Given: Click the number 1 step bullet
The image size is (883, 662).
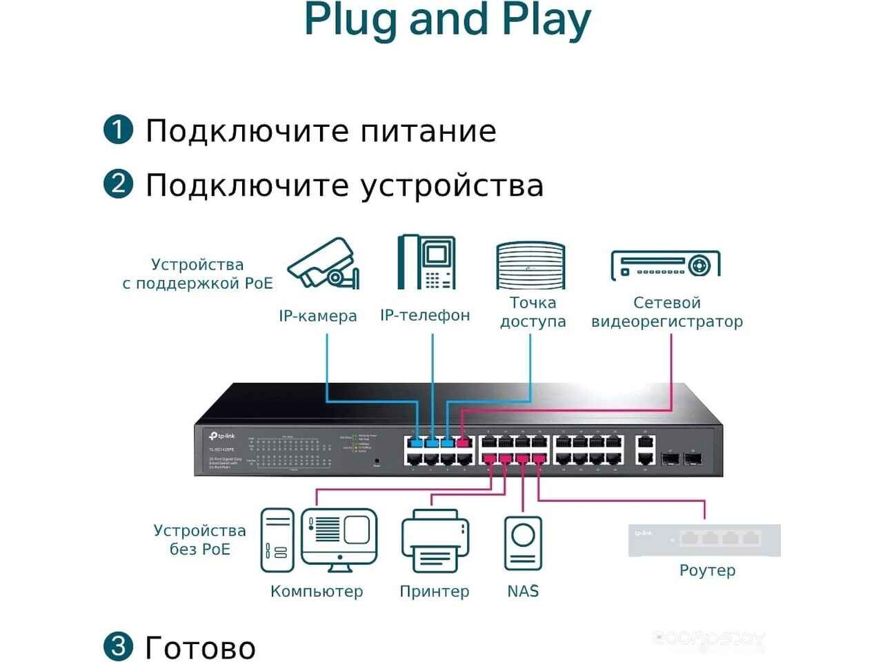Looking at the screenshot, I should coord(118,130).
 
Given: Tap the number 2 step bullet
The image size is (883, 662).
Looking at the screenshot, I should coord(118,183).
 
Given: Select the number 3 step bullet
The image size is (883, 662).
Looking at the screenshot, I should coord(118,645).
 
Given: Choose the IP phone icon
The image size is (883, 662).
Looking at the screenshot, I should coord(426,262).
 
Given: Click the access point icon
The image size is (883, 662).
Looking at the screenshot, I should coord(530,265).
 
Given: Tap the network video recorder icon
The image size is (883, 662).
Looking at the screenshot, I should coord(665,265).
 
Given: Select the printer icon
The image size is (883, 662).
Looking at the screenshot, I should coord(435,541).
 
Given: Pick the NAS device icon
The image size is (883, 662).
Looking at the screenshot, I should coord(523,543).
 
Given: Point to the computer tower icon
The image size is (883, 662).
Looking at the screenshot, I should coord(277,540).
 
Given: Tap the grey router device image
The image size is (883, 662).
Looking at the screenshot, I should coord(704,540).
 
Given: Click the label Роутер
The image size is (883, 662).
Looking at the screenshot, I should coord(707,570).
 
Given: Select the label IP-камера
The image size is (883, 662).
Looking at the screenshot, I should coord(318,316).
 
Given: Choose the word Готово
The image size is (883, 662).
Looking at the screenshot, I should coord(200,648).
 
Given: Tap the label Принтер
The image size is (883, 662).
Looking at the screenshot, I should coord(435,591).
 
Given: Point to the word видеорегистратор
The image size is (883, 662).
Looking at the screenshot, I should coord(666,321).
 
